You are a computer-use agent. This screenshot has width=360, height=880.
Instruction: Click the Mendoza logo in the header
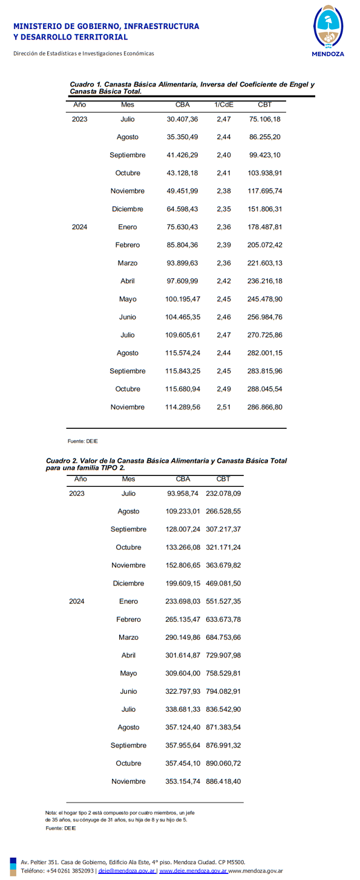pyautogui.click(x=327, y=30)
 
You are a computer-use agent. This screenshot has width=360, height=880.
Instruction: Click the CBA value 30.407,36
pyautogui.click(x=182, y=119)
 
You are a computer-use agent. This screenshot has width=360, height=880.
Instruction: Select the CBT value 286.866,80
pyautogui.click(x=264, y=407)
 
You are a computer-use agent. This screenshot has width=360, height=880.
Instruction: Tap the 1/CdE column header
pyautogui.click(x=223, y=105)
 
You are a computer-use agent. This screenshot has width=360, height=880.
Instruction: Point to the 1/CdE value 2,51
pyautogui.click(x=223, y=407)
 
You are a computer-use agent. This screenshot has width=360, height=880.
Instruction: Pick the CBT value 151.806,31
pyautogui.click(x=264, y=209)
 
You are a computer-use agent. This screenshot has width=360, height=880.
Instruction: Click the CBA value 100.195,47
pyautogui.click(x=182, y=299)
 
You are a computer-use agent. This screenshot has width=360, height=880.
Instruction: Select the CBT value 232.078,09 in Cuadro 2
pyautogui.click(x=223, y=494)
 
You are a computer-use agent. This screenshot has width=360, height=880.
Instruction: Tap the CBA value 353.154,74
pyautogui.click(x=183, y=781)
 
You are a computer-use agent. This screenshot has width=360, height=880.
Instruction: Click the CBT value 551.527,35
pyautogui.click(x=223, y=602)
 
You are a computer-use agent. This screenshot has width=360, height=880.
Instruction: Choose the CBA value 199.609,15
pyautogui.click(x=183, y=584)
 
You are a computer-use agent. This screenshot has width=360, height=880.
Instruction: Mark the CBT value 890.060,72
pyautogui.click(x=223, y=763)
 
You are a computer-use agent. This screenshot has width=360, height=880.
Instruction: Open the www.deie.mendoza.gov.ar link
pyautogui.click(x=193, y=871)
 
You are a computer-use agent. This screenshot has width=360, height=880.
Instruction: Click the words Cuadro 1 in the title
pyautogui.click(x=85, y=85)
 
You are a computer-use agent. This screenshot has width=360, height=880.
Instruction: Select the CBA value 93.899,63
pyautogui.click(x=182, y=263)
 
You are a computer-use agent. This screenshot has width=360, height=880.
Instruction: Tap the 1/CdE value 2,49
pyautogui.click(x=223, y=389)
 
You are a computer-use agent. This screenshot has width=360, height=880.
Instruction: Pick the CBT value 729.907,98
pyautogui.click(x=223, y=656)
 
